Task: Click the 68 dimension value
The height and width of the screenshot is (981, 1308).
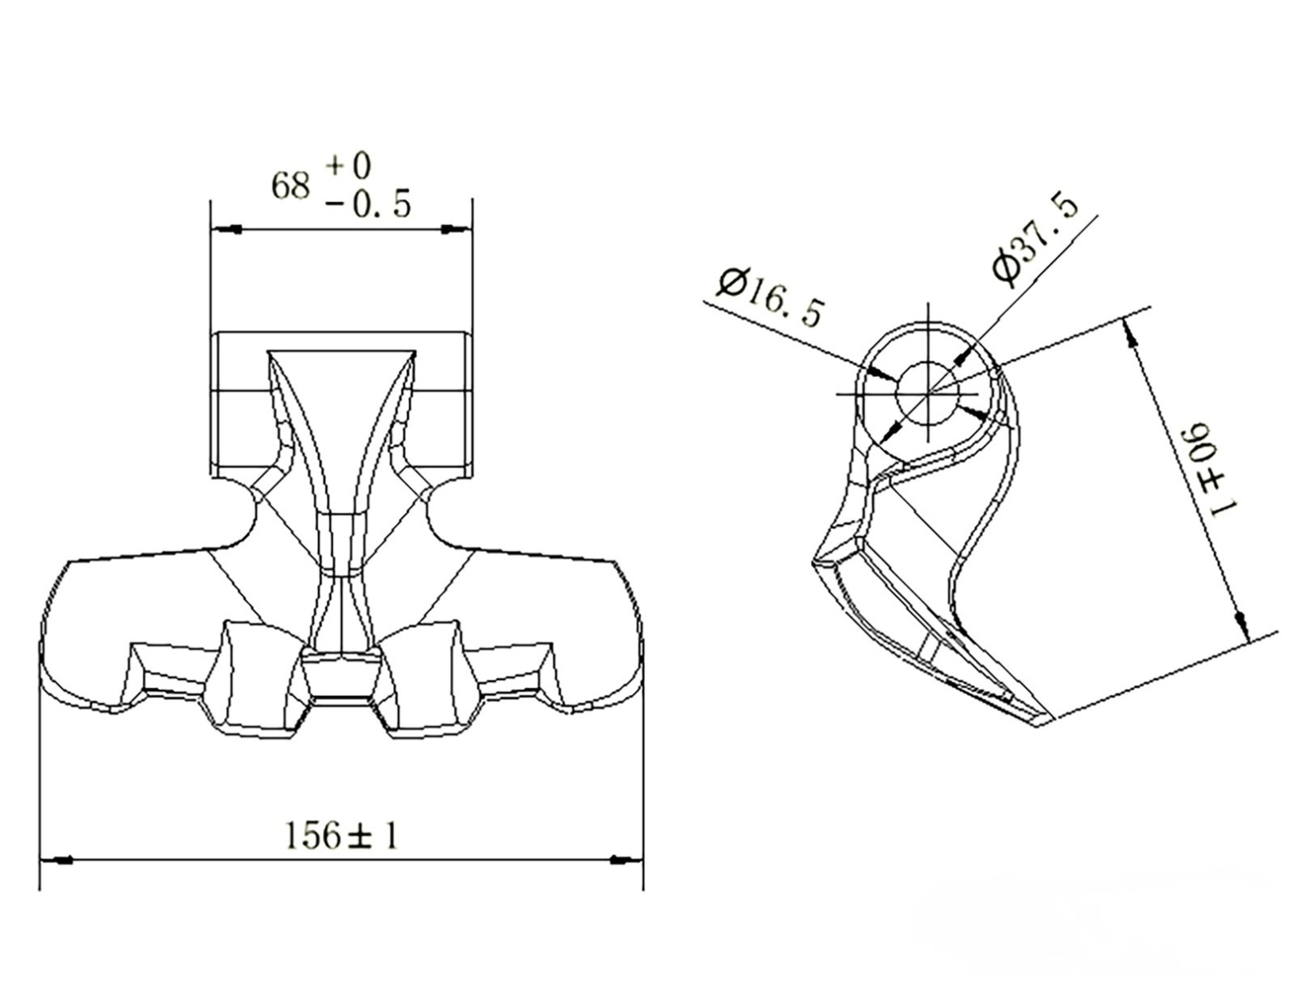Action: (x=291, y=186)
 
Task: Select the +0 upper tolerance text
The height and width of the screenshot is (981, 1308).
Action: (x=348, y=166)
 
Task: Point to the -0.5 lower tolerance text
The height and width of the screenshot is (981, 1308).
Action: (x=368, y=205)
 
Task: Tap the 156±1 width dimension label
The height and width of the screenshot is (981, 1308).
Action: (x=342, y=835)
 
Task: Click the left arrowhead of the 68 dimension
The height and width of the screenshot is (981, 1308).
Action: (x=226, y=229)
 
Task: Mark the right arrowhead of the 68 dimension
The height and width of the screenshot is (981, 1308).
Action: (x=455, y=229)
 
